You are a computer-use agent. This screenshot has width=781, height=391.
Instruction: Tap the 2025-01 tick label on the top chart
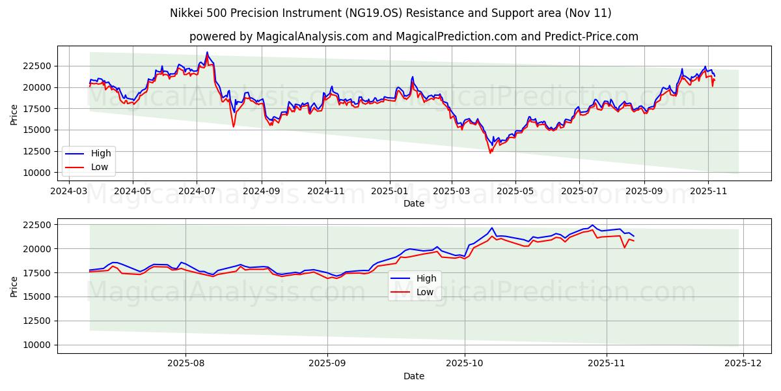[389, 192]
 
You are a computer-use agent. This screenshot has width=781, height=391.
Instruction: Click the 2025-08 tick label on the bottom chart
[185, 364]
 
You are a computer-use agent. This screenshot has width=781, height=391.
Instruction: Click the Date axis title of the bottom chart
[414, 376]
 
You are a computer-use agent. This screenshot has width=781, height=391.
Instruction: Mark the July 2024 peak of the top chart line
[207, 52]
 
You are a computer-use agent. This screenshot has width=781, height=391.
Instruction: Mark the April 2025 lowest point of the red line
[490, 152]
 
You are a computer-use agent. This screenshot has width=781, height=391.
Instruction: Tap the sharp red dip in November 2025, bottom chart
[624, 248]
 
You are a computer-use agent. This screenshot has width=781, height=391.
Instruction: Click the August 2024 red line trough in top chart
[234, 126]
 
